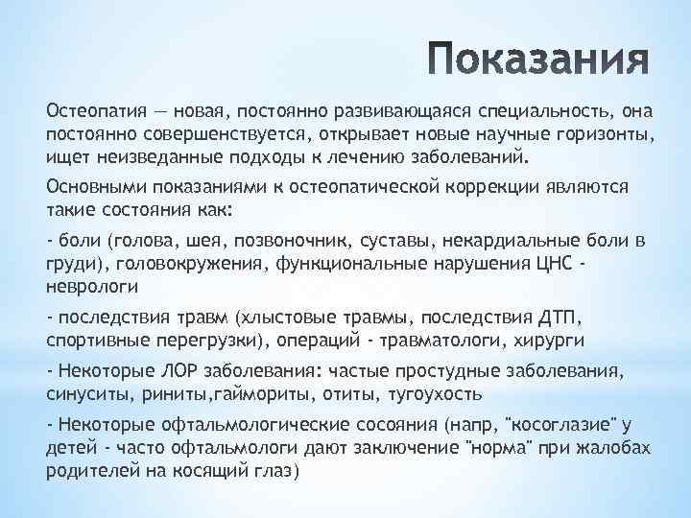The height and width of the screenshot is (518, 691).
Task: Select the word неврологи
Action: click(x=93, y=286)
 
